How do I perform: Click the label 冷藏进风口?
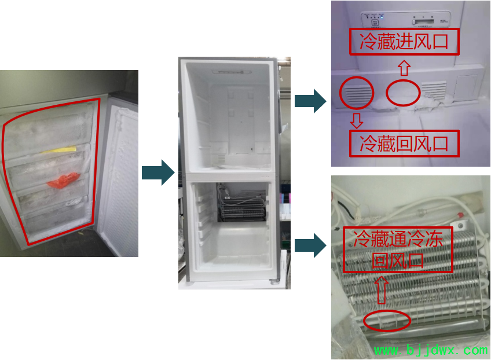pos(404,42)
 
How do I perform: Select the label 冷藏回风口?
pos(404,144)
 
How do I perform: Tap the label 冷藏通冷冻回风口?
pos(398,250)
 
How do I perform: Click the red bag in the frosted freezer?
pos(64,181)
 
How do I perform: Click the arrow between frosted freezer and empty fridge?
pos(158,172)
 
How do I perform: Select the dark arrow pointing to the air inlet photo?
pos(310,101)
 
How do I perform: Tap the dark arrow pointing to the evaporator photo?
pos(310,245)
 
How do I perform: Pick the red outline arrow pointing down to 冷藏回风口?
pos(357,121)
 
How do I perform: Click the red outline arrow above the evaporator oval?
pos(382,290)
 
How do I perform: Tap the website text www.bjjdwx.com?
pos(431,350)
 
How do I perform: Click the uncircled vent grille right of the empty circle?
pos(433,90)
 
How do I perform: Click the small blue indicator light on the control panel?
pos(382,17)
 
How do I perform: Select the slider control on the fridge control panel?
pos(423,22)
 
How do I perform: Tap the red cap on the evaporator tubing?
pos(460,215)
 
